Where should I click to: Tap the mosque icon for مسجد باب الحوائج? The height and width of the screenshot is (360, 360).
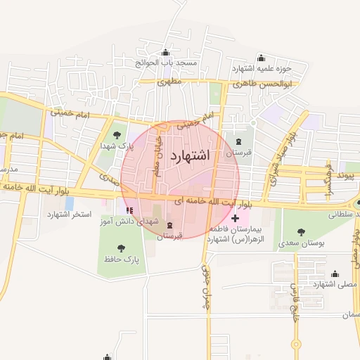tap(165, 53)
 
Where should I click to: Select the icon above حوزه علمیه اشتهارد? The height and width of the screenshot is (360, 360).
tap(262, 58)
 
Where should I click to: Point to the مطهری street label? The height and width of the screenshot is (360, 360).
tap(169, 82)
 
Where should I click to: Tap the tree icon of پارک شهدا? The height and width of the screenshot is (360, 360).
tap(117, 136)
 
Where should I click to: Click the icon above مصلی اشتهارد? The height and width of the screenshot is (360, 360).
tap(334, 274)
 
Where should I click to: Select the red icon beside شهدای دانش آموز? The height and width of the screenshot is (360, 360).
tap(128, 210)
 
